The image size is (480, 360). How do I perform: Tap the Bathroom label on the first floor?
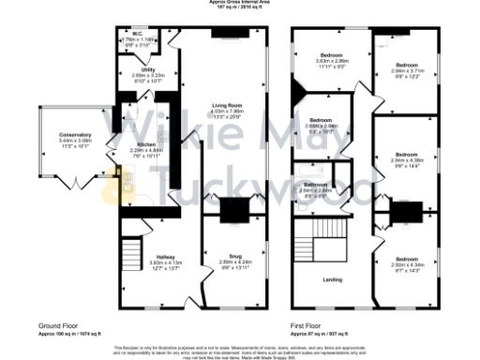point(314,186)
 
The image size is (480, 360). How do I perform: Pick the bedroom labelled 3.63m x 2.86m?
point(331,61)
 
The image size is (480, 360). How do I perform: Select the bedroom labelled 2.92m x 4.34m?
point(405,264)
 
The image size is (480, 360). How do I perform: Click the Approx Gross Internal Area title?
point(240,3)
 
